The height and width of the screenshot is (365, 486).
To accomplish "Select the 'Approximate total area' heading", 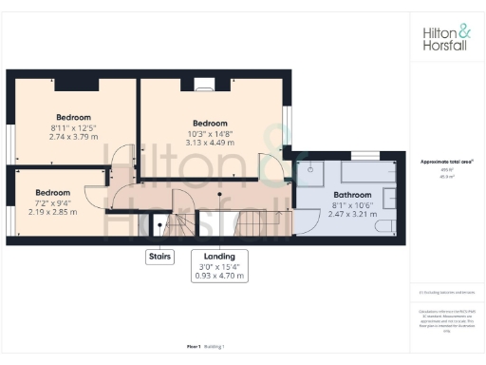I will pos(447,162).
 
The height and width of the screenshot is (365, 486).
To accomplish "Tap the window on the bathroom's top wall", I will pos(364,153).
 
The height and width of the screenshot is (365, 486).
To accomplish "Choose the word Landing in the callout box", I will pos(218,257).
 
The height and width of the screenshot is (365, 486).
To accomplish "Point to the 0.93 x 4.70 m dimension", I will pos(218,277).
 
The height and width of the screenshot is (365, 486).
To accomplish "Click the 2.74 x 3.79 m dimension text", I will pos(72,136).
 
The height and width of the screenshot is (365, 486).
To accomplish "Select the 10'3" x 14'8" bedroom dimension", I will pos(210,134).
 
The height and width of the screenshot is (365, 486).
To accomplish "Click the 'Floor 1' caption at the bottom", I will pos(196,347).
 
